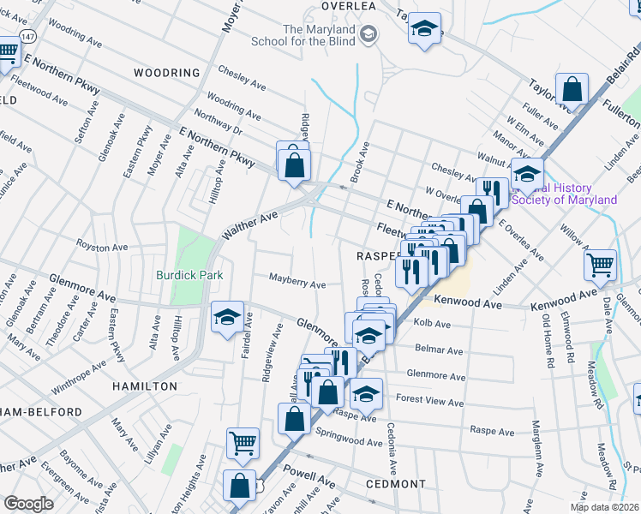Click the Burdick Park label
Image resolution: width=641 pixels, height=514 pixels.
click(189, 275)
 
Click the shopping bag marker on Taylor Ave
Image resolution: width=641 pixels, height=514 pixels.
click(572, 88)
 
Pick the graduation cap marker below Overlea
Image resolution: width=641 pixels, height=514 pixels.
click(424, 29)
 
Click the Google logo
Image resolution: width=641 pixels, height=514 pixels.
click(28, 503)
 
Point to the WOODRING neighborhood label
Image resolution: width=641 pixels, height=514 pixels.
click(167, 74)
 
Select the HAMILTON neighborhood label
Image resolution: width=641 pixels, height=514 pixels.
click(145, 386)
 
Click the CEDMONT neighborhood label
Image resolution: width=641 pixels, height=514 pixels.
click(396, 484)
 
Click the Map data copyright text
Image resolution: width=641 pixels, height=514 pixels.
click(604, 507)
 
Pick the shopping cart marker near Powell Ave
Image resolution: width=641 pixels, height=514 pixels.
click(243, 442)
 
